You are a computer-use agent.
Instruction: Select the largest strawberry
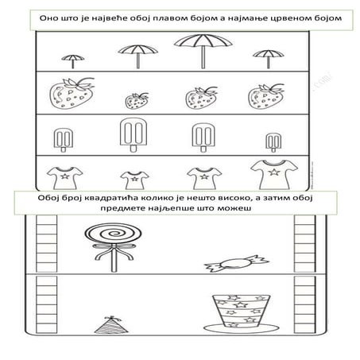[72, 93]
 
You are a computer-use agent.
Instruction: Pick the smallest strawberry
[137, 101]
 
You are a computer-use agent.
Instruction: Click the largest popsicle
[134, 133]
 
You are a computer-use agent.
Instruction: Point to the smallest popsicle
[273, 141]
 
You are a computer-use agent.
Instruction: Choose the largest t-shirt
[274, 174]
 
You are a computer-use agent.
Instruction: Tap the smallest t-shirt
[134, 180]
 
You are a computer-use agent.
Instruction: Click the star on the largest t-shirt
[274, 172]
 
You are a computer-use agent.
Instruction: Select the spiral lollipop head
[113, 234]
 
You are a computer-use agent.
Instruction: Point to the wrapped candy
[237, 263]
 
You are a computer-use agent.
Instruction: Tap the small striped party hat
[111, 325]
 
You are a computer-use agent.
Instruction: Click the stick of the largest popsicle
[134, 149]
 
